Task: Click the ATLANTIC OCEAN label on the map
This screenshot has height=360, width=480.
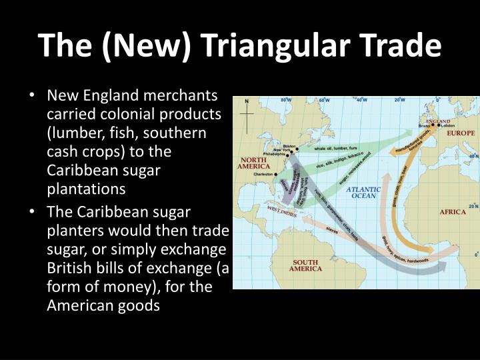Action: tap(363, 193)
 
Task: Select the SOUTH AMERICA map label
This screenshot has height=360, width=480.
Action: tap(305, 265)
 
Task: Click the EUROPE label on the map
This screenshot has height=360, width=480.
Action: tap(461, 133)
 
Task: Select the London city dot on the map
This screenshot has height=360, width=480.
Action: tap(439, 125)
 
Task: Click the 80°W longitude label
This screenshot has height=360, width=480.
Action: tap(285, 100)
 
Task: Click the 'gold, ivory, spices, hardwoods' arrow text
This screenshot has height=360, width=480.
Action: tap(407, 249)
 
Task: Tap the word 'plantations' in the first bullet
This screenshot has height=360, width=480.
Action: tap(86, 189)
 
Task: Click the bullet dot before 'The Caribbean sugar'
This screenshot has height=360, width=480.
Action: tap(33, 213)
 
